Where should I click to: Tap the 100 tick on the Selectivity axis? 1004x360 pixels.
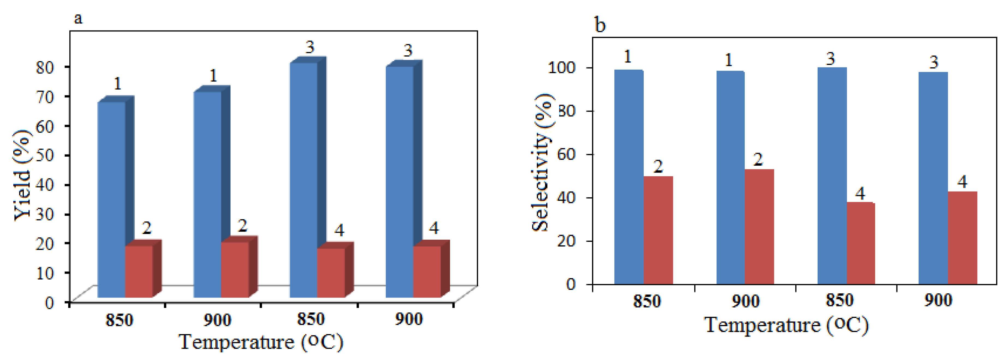[561, 67]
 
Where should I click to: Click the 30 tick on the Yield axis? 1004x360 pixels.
[44, 214]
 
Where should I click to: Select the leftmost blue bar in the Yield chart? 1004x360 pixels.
[111, 199]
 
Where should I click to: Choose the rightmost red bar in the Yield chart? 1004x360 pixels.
[427, 271]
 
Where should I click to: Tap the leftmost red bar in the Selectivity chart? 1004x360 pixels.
[658, 230]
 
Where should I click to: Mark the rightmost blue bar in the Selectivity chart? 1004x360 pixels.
[933, 177]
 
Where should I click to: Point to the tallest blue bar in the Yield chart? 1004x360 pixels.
[304, 179]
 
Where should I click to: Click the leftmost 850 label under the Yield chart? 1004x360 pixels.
[119, 320]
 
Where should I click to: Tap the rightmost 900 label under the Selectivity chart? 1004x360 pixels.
[938, 301]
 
